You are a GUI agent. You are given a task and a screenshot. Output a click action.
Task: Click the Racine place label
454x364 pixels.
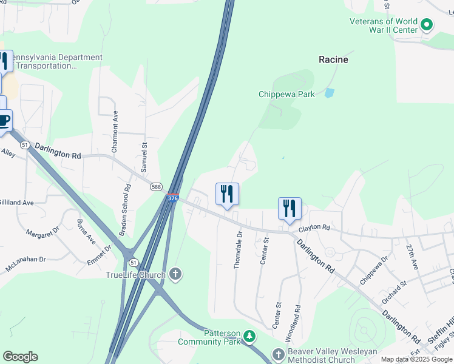333,59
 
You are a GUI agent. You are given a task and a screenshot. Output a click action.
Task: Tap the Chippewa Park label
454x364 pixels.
286,94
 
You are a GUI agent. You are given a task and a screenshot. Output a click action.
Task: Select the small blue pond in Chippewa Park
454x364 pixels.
329,93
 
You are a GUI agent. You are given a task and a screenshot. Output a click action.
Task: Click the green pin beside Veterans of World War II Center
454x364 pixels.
427,25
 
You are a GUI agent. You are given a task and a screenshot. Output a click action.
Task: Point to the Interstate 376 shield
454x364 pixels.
172,198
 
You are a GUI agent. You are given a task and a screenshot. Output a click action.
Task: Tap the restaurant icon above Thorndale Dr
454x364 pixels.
227,194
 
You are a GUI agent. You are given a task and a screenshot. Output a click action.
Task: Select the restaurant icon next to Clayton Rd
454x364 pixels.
290,209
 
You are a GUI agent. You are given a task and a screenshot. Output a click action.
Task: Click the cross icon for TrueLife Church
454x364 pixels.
175,275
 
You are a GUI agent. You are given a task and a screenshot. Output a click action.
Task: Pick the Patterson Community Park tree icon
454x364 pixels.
249,335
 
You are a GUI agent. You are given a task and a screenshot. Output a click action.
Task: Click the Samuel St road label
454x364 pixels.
144,155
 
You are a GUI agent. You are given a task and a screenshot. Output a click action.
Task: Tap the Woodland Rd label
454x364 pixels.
297,316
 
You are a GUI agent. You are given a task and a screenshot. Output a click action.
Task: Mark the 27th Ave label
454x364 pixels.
413,257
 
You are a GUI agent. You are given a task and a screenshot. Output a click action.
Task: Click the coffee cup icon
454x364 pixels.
4,120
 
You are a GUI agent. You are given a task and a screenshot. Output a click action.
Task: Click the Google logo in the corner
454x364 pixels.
20,357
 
